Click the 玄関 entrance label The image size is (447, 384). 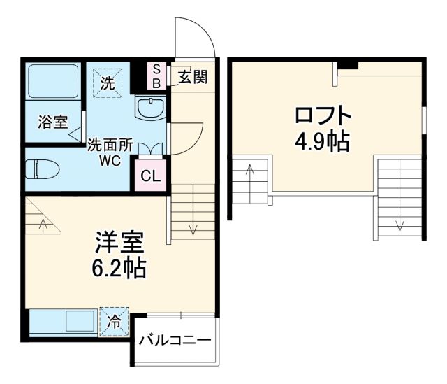tap(193, 77)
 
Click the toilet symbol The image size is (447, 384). tap(41, 170)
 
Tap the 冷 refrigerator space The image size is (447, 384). tap(115, 322)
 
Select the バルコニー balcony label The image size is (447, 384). tap(175, 341)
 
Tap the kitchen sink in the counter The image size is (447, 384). tap(80, 322)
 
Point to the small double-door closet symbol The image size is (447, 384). tap(151, 148)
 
